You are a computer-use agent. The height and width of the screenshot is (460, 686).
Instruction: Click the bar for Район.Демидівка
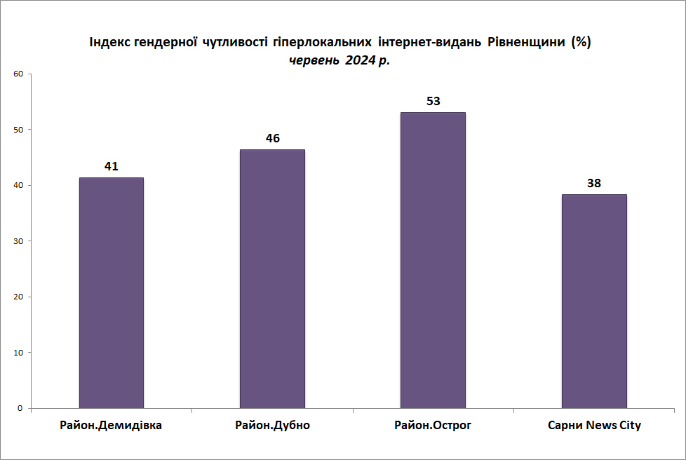[x=111, y=293]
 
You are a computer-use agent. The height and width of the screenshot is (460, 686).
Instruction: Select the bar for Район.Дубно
[x=272, y=279]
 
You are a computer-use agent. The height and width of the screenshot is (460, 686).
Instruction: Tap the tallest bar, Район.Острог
[x=433, y=260]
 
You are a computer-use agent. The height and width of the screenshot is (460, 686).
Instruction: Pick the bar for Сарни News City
[x=594, y=302]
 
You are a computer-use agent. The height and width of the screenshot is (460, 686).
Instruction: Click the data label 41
[x=111, y=166]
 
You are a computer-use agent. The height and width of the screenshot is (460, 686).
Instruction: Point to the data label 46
[x=273, y=138]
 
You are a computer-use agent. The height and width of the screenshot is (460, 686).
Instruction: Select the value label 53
[x=433, y=101]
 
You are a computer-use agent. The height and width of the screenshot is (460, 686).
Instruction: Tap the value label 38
[x=594, y=183]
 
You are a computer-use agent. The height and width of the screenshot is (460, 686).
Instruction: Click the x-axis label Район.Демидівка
[x=111, y=425]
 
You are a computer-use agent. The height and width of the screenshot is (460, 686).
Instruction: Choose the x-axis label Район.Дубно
[x=273, y=425]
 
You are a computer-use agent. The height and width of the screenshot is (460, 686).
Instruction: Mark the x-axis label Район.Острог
[x=433, y=425]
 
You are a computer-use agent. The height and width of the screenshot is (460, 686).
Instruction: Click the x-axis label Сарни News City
[x=594, y=425]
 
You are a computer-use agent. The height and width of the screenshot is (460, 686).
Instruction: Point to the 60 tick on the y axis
[x=18, y=74]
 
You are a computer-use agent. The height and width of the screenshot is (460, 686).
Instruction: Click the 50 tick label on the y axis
[x=18, y=130]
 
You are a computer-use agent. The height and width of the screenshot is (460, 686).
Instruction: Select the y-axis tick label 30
[x=18, y=241]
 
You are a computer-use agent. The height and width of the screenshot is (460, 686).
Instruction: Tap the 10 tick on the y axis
[x=18, y=353]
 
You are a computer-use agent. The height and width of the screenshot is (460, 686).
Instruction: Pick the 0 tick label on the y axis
[x=20, y=408]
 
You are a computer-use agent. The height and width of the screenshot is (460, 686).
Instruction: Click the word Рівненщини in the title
[x=526, y=42]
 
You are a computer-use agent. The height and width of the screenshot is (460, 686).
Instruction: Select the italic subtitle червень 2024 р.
[x=339, y=60]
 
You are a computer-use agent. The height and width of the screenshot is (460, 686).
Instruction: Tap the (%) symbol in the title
[x=581, y=42]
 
